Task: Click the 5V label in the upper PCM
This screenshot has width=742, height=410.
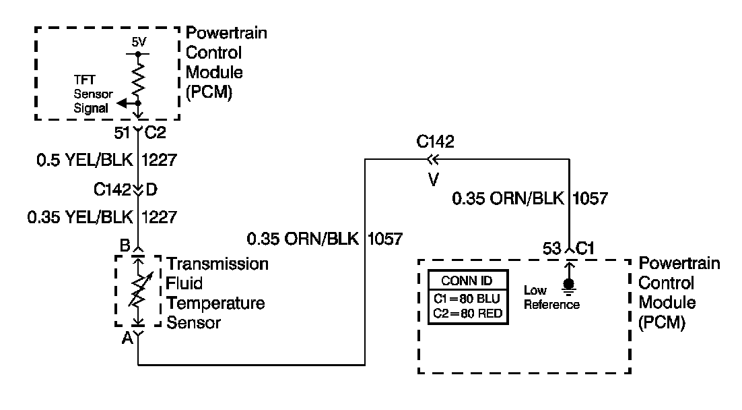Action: coord(138,42)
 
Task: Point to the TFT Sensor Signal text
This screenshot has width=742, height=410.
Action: coord(93,94)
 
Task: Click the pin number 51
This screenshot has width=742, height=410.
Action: coord(123,134)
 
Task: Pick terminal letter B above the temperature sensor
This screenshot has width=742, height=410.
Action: coord(125,246)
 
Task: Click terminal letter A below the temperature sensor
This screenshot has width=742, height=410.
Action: coord(125,339)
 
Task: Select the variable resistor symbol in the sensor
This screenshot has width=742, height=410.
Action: coord(138,290)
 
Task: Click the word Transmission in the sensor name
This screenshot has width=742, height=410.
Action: coord(217,263)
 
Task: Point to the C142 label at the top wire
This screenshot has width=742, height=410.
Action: coord(436,142)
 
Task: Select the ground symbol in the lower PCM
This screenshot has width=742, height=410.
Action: coord(569,287)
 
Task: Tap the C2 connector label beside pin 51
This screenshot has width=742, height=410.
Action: coord(156,134)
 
